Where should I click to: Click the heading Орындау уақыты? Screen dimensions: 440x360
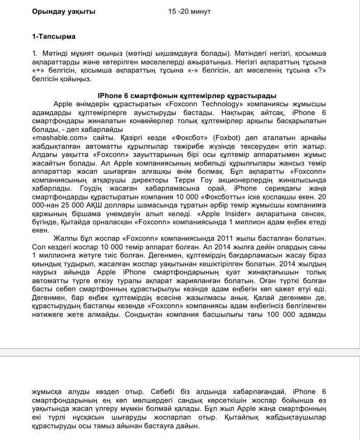pos(63,11)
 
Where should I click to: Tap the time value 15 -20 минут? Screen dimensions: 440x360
pos(189,11)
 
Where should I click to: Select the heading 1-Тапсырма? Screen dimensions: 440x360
pos(54,36)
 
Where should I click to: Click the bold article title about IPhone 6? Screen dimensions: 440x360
pos(187,96)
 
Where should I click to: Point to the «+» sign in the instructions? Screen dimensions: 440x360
pos(39,71)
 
